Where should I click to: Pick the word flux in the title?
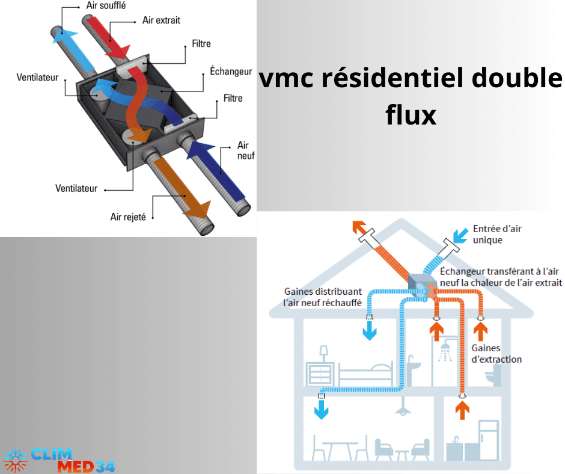coord(411,114)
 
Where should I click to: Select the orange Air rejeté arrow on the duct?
coord(183,192)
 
